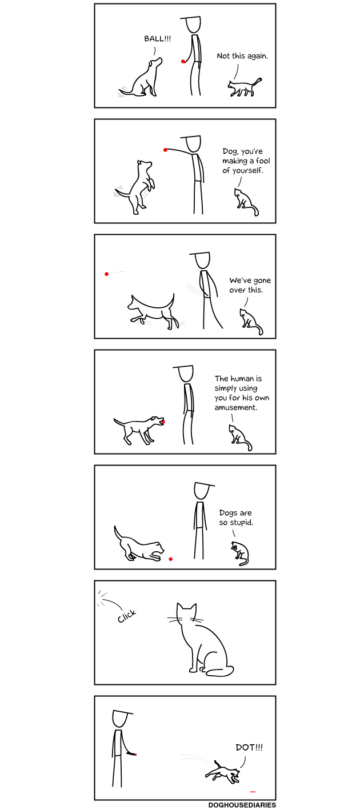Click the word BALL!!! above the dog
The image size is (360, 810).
pos(157,39)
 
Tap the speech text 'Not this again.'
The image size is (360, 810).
pos(242,56)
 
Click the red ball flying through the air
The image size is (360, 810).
pos(106,274)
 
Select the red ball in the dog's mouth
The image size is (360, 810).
pos(163,421)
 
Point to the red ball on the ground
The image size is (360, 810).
pos(171,559)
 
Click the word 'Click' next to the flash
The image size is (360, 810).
pos(127,616)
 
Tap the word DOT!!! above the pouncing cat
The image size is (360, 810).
pos(249,747)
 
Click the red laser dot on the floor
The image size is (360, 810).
pos(253,792)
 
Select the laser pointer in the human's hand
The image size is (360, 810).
pos(131,754)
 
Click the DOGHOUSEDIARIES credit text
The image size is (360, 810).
pos(242,805)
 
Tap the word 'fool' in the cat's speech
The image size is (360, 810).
pos(263,161)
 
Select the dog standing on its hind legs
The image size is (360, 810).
pos(137,187)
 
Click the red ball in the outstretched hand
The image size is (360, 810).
pos(165,149)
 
